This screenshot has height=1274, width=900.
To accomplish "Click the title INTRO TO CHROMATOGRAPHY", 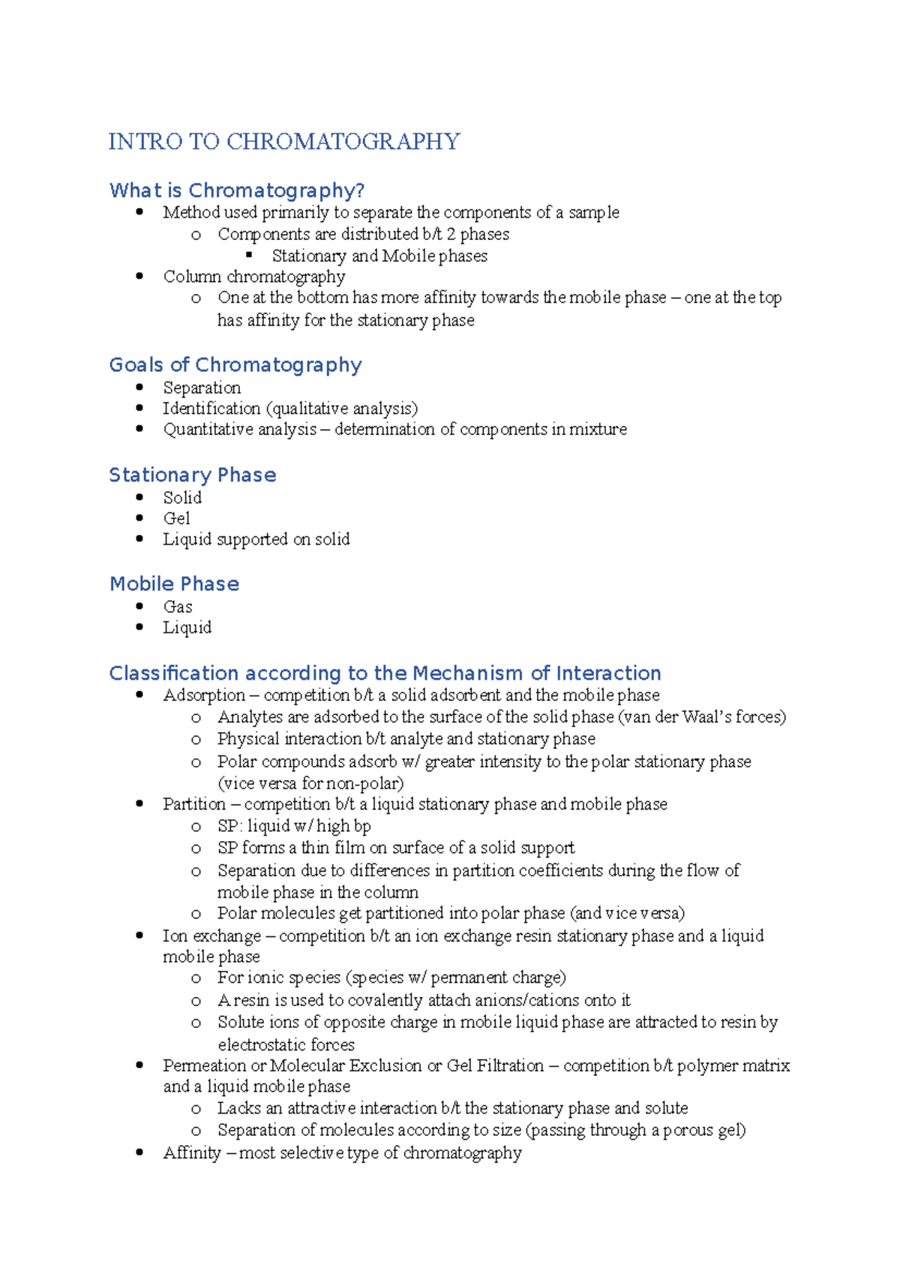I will pos(284,141).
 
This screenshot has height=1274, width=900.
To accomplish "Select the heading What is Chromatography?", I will pos(237,191).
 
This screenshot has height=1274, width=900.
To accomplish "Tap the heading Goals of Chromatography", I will pos(235,365).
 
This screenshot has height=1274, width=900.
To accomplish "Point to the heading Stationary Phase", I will pos(193,475).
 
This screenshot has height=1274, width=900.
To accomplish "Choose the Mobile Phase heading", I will pos(174,584).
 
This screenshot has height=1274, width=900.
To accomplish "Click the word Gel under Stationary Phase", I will pos(176,518).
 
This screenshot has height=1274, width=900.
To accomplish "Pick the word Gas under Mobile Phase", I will pos(178,607).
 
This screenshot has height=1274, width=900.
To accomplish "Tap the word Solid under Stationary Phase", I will pos(182,497).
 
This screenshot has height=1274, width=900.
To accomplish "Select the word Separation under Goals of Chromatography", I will pos(202,388).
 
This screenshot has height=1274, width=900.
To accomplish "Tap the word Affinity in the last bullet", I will pos(192,1153).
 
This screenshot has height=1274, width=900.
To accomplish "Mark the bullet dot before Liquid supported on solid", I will pos(139,539).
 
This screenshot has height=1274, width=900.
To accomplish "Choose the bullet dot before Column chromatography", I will pos(139,276).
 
